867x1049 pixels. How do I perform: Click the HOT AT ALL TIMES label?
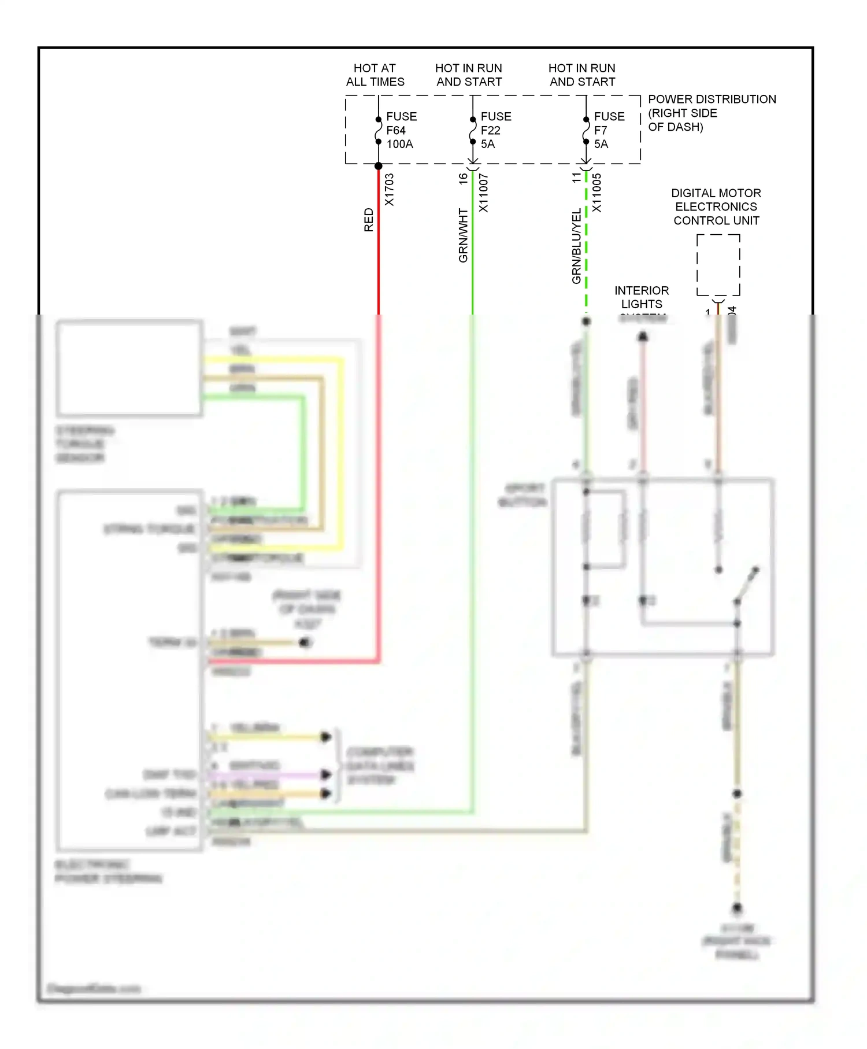[x=375, y=75]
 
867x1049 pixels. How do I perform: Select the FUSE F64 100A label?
[x=401, y=130]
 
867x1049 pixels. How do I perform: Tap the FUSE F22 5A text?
[x=495, y=130]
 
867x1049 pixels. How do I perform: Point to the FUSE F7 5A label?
[x=609, y=130]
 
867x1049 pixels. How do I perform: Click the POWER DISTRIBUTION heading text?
[x=712, y=99]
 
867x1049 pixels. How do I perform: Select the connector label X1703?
[x=390, y=190]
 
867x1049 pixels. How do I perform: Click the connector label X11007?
[x=484, y=193]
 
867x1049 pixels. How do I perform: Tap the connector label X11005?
[x=597, y=193]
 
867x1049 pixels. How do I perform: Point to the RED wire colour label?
[x=369, y=220]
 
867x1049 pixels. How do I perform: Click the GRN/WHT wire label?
[x=463, y=235]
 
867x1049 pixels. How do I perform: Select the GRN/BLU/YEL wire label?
[x=576, y=246]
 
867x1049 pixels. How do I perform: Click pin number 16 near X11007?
[x=463, y=179]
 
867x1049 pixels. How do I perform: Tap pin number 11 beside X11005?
[x=576, y=178]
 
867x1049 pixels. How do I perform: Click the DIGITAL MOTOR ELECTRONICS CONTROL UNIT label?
[x=716, y=206]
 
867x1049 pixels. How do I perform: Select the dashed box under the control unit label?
[x=718, y=265]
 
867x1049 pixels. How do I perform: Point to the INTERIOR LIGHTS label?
[x=642, y=297]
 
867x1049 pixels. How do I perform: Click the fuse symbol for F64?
[x=379, y=131]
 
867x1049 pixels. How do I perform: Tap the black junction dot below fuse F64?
[x=379, y=166]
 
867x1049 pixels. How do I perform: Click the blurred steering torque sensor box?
[x=129, y=368]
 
